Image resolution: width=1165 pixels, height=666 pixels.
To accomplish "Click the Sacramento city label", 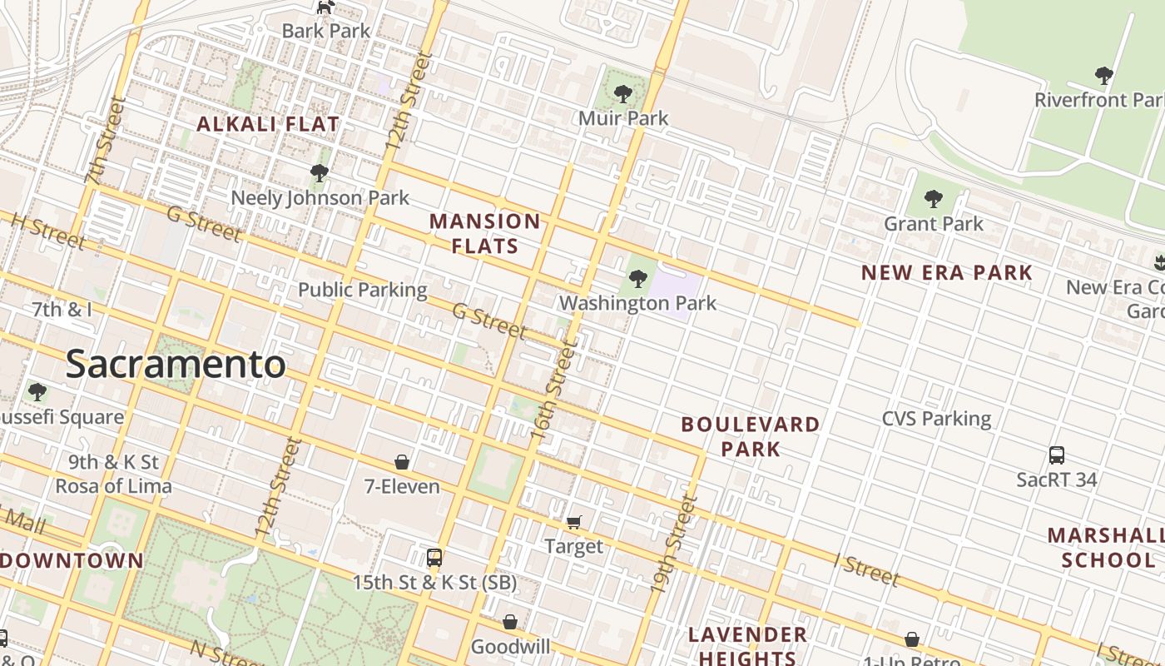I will tap(176, 365).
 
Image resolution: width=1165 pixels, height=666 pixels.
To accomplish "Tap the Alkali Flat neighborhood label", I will tap(268, 124).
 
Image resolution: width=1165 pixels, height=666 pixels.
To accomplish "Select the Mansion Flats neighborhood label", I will tap(484, 233).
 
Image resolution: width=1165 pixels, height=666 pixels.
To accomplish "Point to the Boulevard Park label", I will tap(751, 436).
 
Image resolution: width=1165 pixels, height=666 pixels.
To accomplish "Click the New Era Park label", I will tap(946, 272).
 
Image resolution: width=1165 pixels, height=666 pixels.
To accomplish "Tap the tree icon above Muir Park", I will tap(622, 94).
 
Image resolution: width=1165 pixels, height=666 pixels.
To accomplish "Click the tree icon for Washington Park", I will tap(638, 279).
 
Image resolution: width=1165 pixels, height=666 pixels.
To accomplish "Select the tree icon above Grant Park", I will tap(933, 199).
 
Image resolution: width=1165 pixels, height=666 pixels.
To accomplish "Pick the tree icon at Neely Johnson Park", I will tap(319, 173).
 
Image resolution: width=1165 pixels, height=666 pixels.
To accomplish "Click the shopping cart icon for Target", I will tap(574, 522).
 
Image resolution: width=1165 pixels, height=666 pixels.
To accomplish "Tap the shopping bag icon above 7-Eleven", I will tap(402, 462).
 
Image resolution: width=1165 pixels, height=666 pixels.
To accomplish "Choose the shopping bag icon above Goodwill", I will tap(510, 622).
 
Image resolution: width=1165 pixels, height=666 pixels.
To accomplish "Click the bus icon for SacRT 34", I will tap(1057, 455).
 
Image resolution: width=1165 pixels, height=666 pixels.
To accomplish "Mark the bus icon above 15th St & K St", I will tap(434, 558).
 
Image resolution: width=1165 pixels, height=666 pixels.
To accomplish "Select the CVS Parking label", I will tap(936, 418).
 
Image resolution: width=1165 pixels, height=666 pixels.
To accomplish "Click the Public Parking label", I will tap(362, 290).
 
